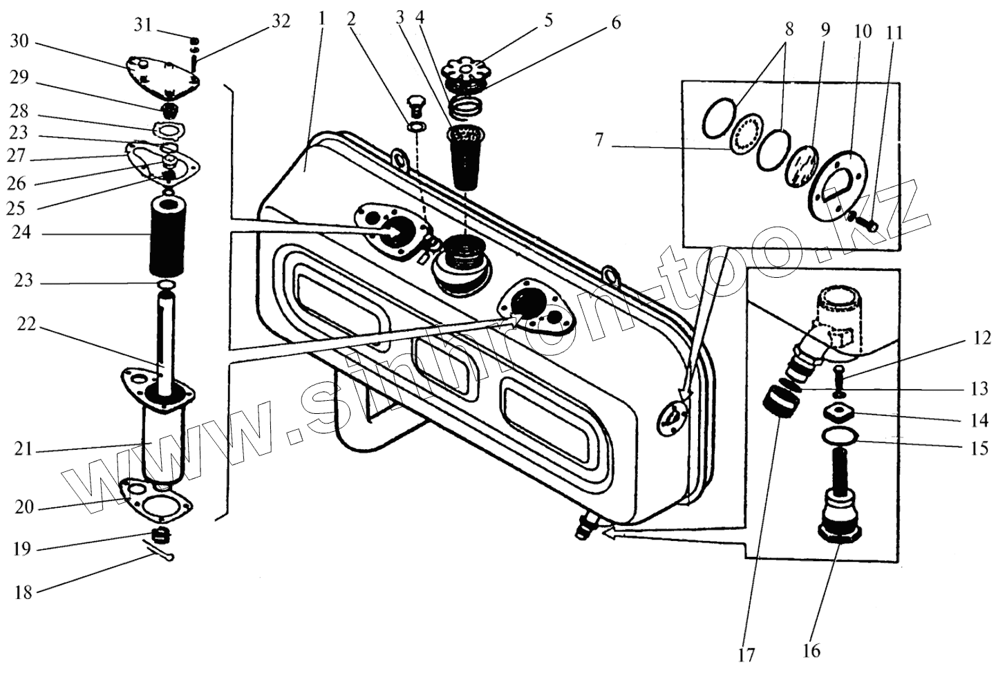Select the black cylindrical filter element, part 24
pos(168,234)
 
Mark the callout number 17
pos(746,654)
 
